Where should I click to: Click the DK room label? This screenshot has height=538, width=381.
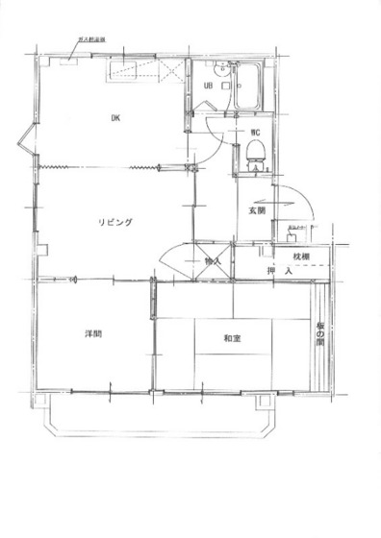click(x=114, y=118)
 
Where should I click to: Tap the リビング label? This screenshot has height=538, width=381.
click(x=114, y=222)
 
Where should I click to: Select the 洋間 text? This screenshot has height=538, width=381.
click(x=92, y=333)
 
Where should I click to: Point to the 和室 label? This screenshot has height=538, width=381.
click(x=232, y=337)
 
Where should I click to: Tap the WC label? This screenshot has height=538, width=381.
click(x=257, y=132)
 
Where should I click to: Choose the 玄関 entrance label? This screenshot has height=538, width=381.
click(x=256, y=209)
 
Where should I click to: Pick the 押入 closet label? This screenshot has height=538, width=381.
click(x=279, y=272)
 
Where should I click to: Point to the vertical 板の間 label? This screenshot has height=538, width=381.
click(x=320, y=333)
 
